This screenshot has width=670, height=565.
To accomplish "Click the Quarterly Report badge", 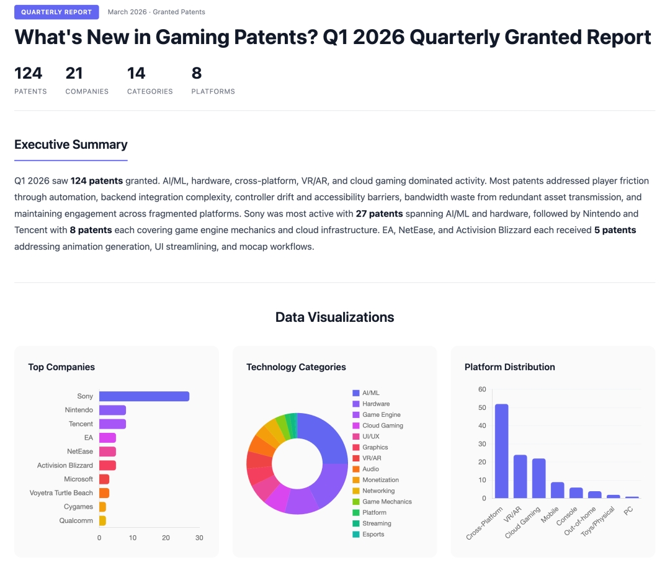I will [x=56, y=12].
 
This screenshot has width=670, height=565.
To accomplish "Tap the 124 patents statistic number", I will [x=29, y=73].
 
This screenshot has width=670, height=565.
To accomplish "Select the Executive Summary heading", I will [x=71, y=145].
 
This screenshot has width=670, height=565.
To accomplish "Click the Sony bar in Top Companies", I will [x=144, y=396].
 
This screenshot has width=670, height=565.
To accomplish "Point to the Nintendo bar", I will [x=112, y=410].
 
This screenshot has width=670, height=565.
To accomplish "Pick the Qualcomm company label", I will [x=76, y=520].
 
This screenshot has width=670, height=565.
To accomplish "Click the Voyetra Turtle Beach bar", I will [x=104, y=493].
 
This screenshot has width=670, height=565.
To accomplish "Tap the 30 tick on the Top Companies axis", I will [x=199, y=538].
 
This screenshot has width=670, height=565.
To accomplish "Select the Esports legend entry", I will [x=373, y=534].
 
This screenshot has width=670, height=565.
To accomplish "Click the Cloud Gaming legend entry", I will [x=382, y=425].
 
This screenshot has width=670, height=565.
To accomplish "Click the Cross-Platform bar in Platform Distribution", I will [x=501, y=451].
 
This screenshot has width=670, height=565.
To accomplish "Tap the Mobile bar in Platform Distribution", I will [x=558, y=490].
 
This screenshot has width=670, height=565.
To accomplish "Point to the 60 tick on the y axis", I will [x=482, y=389].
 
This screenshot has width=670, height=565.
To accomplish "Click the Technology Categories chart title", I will [x=296, y=367].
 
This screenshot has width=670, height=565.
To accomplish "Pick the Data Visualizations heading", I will [x=334, y=317].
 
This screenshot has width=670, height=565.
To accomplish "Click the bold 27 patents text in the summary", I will [x=379, y=213].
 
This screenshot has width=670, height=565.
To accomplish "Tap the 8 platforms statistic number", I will [x=197, y=73].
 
